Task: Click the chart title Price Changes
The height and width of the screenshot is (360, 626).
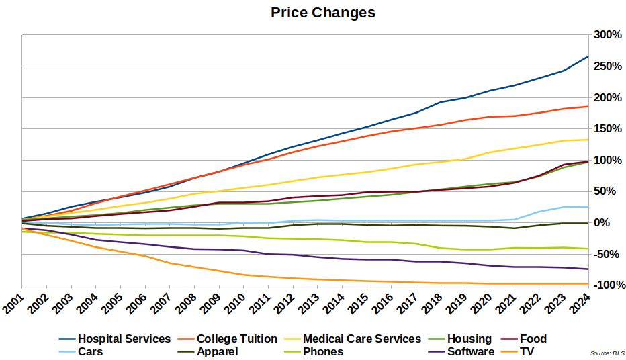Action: click(323, 13)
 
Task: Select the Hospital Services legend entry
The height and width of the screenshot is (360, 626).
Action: click(124, 339)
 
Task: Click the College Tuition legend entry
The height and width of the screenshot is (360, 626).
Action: click(236, 339)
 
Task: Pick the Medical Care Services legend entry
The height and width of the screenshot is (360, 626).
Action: click(362, 339)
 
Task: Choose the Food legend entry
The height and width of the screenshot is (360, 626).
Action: click(533, 339)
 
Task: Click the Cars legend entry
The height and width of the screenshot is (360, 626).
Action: click(90, 351)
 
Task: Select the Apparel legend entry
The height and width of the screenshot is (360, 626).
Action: click(217, 351)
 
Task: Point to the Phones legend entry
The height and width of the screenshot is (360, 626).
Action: click(322, 351)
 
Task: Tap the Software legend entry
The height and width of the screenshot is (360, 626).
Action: click(470, 351)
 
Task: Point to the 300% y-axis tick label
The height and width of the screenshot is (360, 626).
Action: click(606, 35)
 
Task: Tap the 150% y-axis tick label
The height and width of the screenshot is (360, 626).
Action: click(606, 128)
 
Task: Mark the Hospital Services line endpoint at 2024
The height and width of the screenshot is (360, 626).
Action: click(588, 56)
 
